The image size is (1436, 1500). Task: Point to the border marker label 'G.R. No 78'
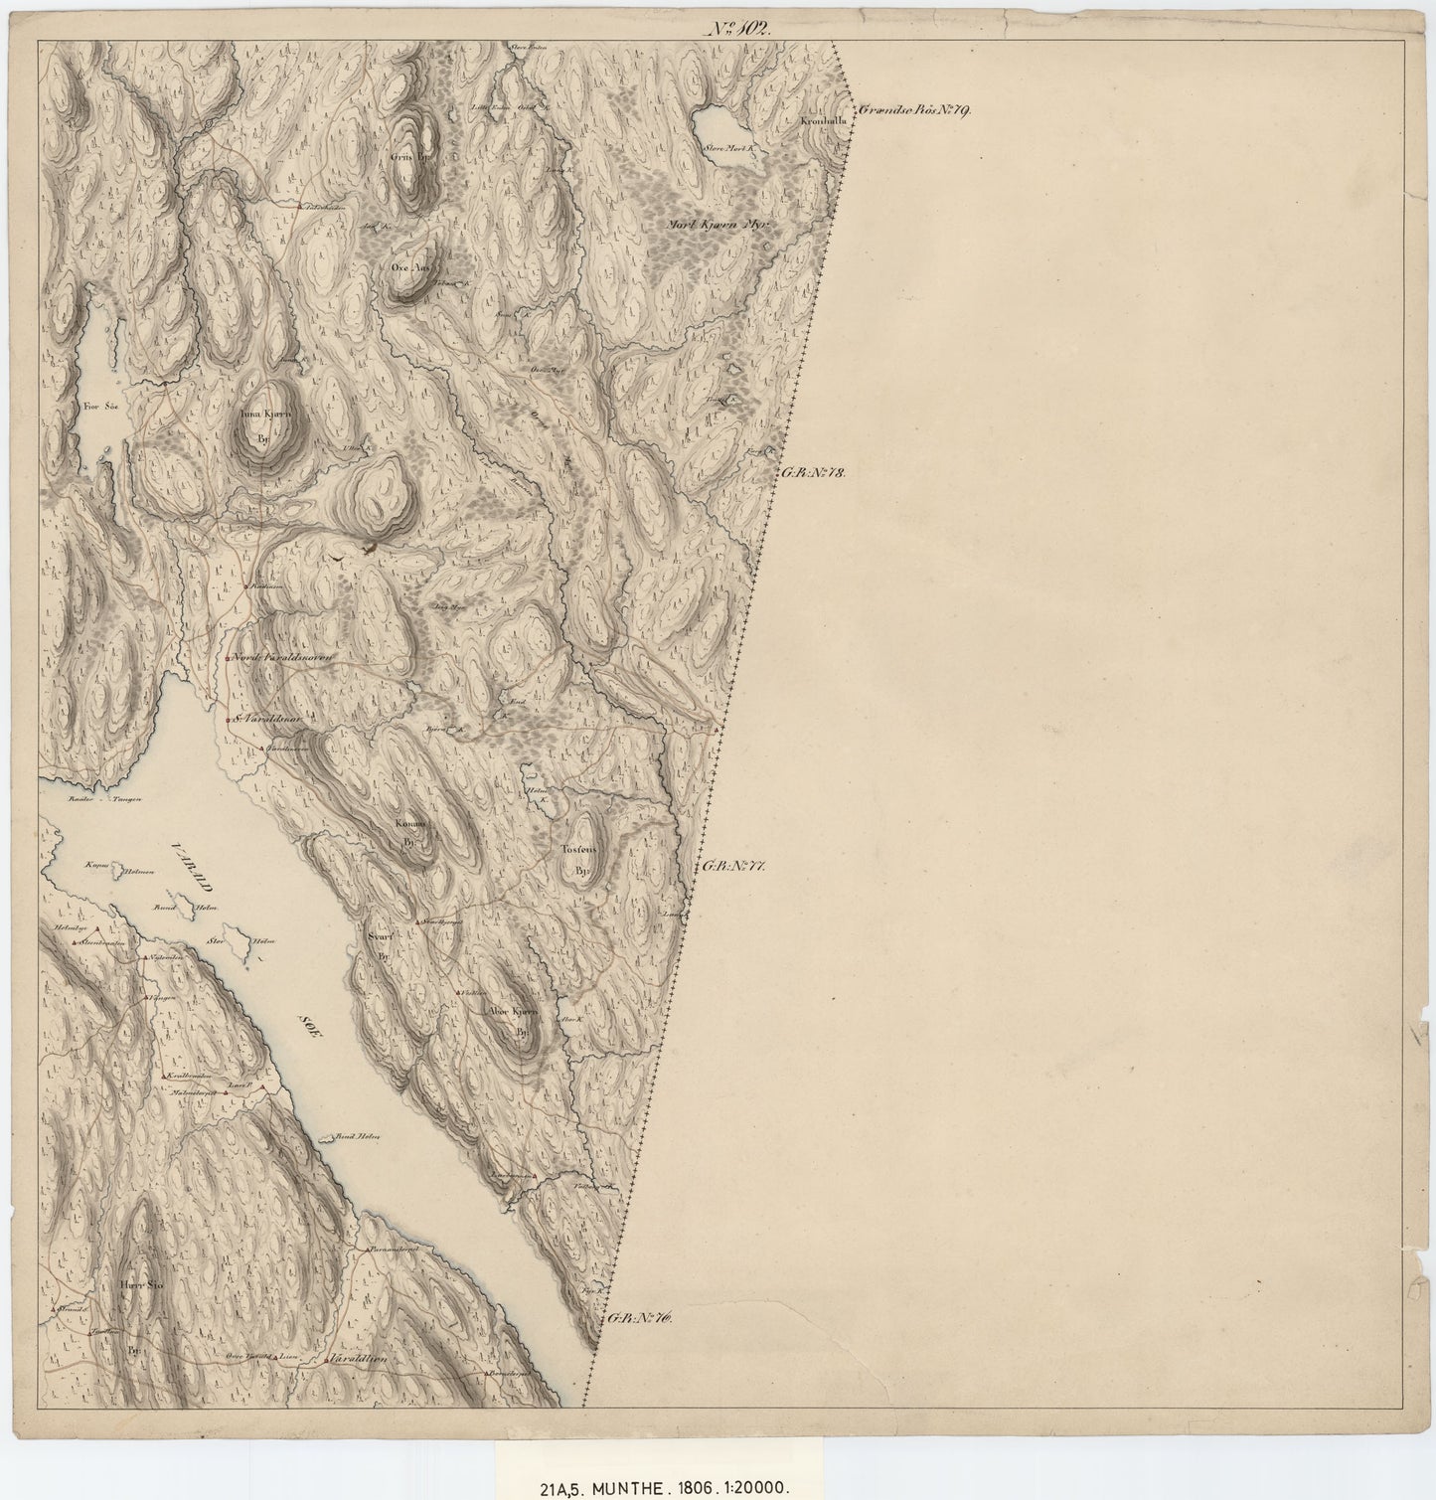click(811, 474)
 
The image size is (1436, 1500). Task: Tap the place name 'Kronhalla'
click(822, 121)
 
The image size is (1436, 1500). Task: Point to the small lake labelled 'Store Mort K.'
click(721, 126)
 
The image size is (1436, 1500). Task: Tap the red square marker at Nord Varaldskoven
click(228, 659)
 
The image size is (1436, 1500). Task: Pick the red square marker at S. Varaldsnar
click(229, 719)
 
